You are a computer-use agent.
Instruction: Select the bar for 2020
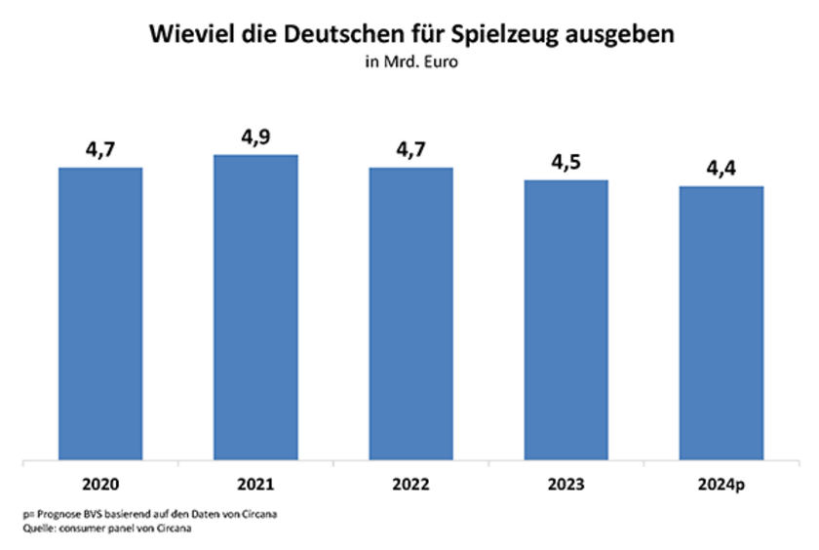100,312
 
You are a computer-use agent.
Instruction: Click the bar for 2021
255,306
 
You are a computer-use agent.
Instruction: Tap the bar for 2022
410,312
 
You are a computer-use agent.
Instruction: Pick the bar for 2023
565,319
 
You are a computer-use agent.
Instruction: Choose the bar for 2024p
721,322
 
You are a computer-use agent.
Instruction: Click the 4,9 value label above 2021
255,137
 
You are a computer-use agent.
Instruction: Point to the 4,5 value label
565,162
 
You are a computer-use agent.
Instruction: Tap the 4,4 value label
721,168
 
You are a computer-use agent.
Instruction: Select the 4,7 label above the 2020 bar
100,149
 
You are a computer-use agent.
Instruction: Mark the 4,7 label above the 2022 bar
410,149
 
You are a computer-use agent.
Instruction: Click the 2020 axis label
100,482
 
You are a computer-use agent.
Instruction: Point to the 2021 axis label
255,482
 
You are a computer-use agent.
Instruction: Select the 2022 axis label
410,482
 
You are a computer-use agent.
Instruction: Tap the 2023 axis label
565,482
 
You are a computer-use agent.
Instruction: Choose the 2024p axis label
721,482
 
